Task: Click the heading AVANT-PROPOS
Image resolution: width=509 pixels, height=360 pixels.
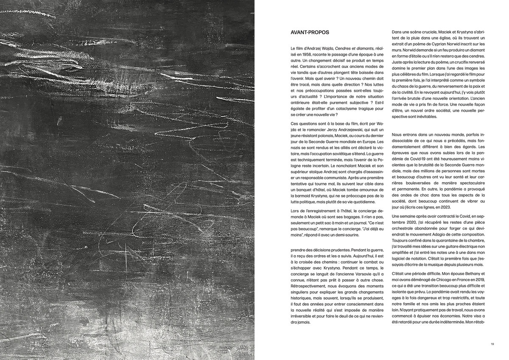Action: (x=310, y=32)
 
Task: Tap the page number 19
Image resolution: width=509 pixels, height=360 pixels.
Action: (x=492, y=344)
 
